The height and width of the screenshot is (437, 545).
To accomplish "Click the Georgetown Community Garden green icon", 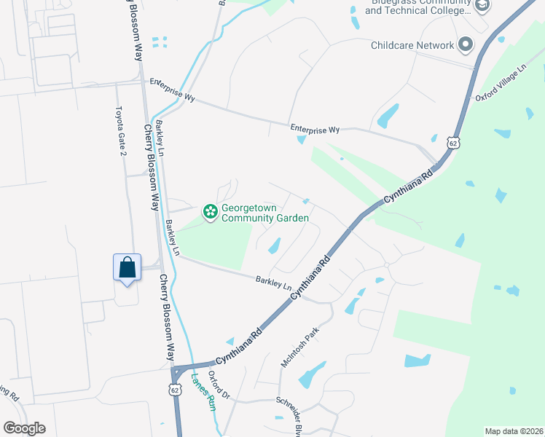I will click(211, 213).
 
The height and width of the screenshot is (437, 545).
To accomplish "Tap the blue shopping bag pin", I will click(128, 267).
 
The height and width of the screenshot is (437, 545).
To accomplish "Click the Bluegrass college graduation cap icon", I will click(482, 7).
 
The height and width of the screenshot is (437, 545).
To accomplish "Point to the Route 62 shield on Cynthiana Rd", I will click(454, 142).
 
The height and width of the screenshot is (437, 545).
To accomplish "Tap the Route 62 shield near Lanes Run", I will click(175, 389).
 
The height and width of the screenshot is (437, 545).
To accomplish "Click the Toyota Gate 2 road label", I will click(120, 132).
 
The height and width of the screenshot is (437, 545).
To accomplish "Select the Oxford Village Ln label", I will click(501, 82).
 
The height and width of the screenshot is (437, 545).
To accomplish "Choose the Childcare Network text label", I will click(412, 45).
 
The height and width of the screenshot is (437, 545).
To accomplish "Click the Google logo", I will click(24, 428).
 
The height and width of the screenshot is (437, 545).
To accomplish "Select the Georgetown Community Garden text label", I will click(265, 213).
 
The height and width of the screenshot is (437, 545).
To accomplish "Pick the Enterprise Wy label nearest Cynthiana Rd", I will click(315, 129).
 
